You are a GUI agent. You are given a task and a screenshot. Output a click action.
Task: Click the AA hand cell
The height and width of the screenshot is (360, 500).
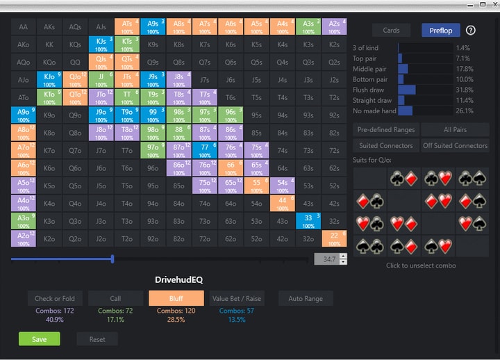pos(24,27)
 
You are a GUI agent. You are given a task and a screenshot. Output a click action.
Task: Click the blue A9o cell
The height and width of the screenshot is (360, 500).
pos(24,115)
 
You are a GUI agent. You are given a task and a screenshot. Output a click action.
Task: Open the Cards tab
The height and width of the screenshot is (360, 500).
pos(391,30)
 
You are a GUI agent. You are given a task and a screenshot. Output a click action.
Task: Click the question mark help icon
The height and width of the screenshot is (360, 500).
pos(471,30)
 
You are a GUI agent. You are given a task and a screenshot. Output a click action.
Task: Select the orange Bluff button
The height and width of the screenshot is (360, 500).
pos(176,298)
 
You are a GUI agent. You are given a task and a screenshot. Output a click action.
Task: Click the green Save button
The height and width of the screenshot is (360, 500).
pos(39,339)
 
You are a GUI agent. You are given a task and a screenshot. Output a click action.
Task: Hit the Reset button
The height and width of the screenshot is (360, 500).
pos(97,339)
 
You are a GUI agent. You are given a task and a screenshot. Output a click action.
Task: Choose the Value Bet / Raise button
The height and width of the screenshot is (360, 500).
pos(236,298)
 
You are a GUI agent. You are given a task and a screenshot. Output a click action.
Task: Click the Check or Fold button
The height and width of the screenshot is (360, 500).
pos(55,298)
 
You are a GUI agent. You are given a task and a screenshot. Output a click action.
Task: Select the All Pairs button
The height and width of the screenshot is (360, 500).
pos(456,129)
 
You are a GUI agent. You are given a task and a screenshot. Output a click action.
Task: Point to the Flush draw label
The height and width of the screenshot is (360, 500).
pos(368,90)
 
